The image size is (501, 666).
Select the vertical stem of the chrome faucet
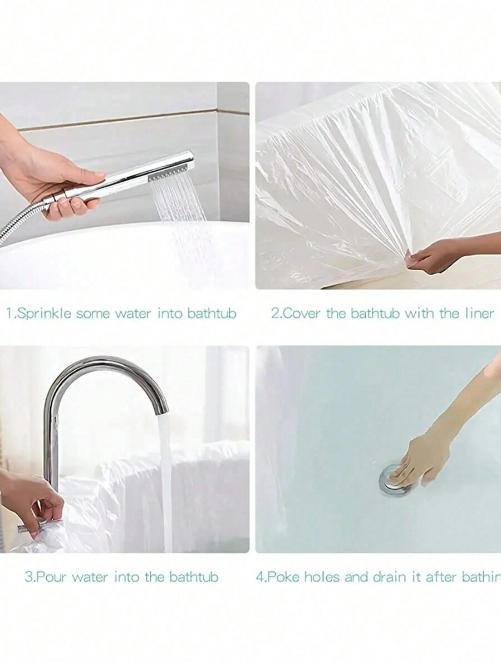pyautogui.click(x=52, y=445)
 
